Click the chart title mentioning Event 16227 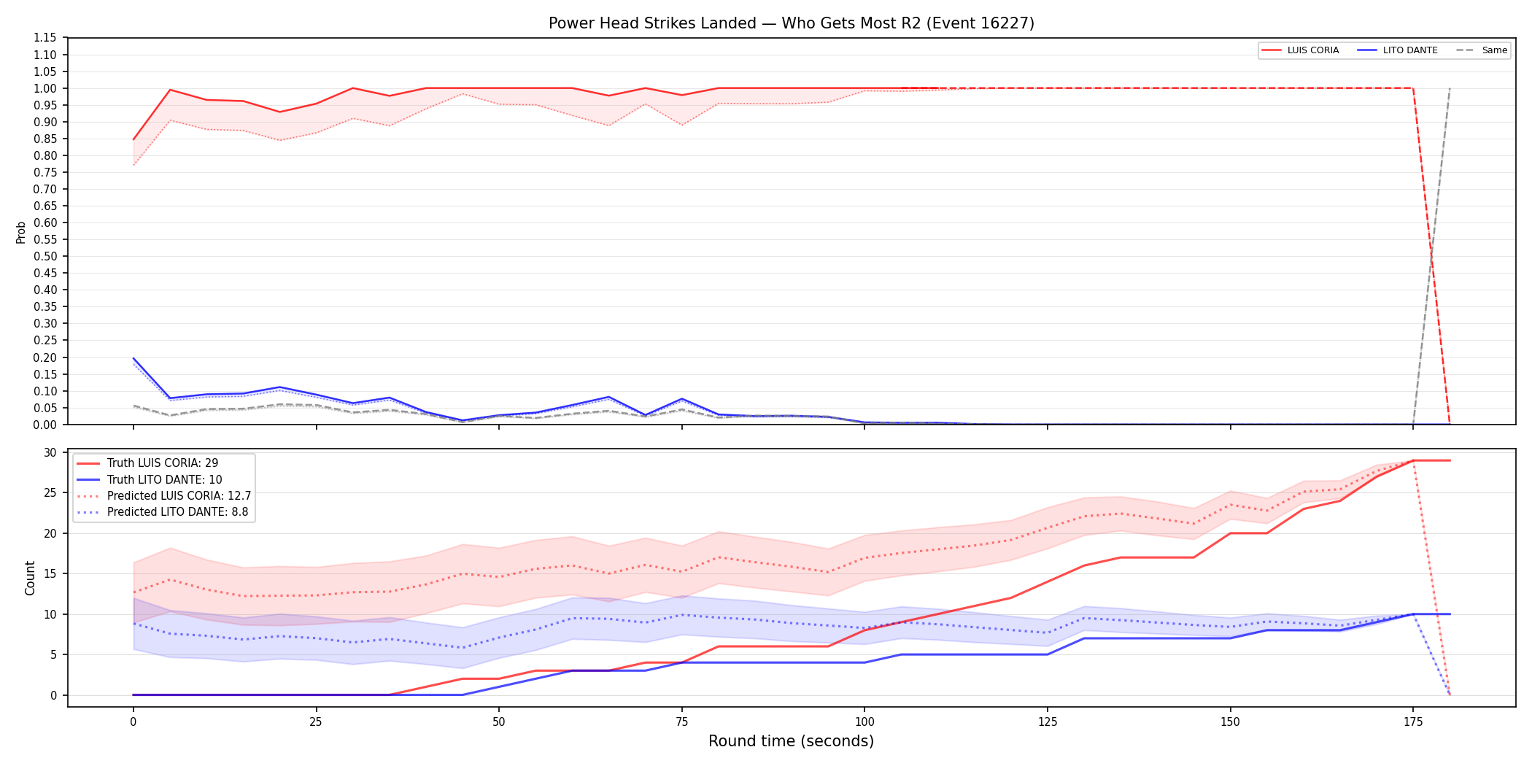pos(792,23)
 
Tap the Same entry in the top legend pos(1482,50)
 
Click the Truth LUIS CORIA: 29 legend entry pos(147,463)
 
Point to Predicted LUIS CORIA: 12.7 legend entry pos(164,496)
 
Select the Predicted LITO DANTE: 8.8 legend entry pos(163,512)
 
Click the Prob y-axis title pos(21,232)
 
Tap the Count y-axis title pos(30,578)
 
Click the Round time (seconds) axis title pos(792,741)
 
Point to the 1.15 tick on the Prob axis pos(45,38)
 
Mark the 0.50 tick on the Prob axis pos(45,256)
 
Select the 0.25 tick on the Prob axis pos(45,340)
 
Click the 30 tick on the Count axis pos(50,452)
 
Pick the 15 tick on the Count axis pos(50,573)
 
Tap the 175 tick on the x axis pos(1413,722)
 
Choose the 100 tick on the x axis pos(864,722)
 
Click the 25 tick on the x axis pos(316,722)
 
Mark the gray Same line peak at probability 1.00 pos(1450,88)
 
